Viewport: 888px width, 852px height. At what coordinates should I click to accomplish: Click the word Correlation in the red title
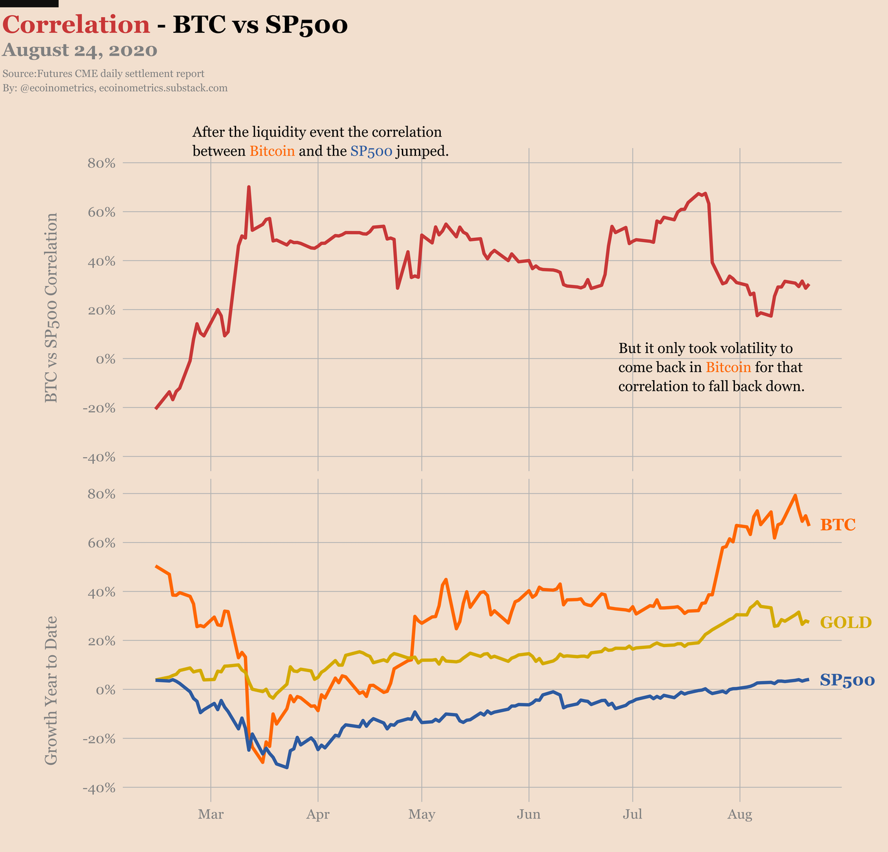click(76, 25)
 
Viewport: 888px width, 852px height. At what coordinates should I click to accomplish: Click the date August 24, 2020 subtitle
click(80, 51)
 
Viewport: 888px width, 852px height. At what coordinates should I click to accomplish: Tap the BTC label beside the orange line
click(837, 524)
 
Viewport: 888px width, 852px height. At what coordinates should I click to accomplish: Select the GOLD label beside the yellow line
click(845, 623)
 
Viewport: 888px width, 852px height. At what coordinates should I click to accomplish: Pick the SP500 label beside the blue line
click(847, 681)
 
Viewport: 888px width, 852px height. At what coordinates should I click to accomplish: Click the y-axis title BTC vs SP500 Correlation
click(51, 307)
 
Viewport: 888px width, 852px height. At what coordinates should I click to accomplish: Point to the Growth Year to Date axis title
click(51, 690)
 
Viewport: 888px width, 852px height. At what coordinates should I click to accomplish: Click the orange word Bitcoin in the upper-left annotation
click(272, 151)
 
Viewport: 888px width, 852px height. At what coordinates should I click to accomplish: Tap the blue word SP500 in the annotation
click(371, 151)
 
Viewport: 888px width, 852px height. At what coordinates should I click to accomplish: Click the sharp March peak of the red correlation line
click(249, 187)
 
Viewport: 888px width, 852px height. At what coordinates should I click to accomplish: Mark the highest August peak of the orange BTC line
click(795, 495)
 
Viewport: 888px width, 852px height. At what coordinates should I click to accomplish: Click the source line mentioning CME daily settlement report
click(103, 74)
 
